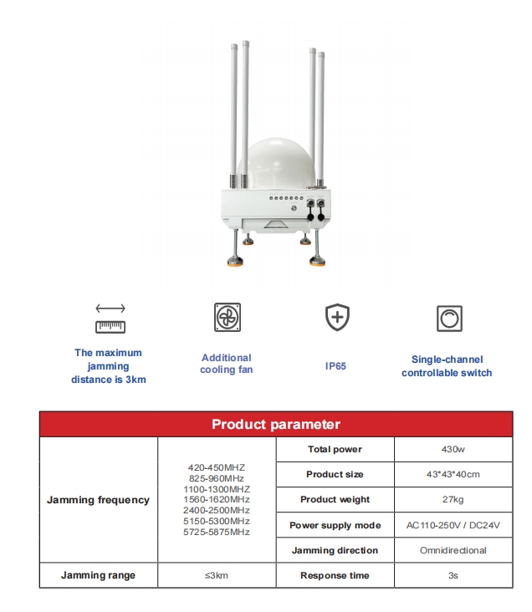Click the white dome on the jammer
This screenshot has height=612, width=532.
pos(276,159)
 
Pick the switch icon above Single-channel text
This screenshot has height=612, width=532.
pos(449,318)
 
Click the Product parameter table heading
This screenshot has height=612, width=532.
pos(275,425)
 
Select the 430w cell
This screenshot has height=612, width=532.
pos(453,450)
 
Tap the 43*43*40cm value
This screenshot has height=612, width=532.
pos(453,475)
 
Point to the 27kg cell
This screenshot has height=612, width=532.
pos(453,500)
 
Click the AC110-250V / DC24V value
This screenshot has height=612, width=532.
pos(453,526)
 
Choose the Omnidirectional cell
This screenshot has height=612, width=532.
pos(453,551)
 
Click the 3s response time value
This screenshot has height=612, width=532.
pos(453,576)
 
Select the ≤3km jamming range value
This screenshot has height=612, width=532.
pos(217,576)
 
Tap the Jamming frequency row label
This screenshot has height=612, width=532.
pos(98,500)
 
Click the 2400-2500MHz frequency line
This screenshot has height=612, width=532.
pos(217,510)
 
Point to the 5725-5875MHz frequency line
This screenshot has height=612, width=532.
pos(217,532)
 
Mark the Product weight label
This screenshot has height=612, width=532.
pos(335,500)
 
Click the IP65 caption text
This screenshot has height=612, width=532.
pos(335,366)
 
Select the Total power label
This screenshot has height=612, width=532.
pos(335,450)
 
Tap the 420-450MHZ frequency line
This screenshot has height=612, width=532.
pos(217,467)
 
